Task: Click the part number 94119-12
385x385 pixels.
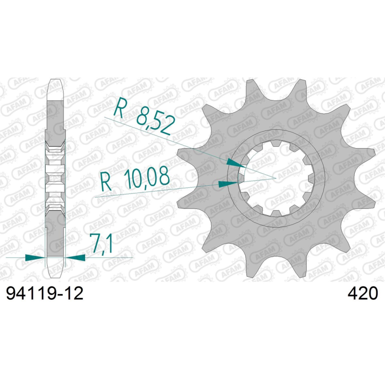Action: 45,294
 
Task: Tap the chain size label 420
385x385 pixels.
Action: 362,294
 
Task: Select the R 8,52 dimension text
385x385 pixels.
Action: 144,116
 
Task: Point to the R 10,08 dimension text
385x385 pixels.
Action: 135,179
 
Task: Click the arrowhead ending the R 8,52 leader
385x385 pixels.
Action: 236,163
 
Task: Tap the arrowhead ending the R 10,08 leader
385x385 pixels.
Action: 228,184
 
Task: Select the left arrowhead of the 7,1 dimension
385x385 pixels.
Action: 35,257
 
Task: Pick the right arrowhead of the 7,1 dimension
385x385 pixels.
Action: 76,257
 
